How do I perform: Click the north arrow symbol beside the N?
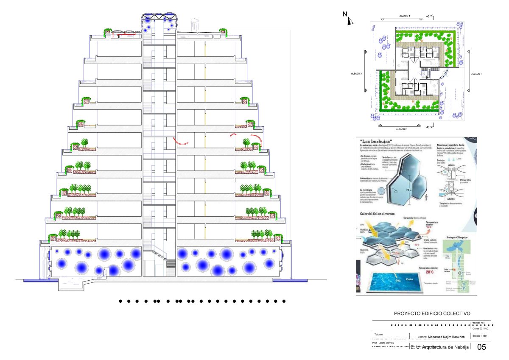[350, 21]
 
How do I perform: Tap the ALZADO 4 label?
[405, 16]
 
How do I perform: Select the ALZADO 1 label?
[476, 74]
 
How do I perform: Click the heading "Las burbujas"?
[376, 141]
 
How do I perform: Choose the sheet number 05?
[481, 347]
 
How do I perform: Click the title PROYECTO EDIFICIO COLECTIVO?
[432, 313]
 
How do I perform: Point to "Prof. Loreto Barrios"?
[385, 343]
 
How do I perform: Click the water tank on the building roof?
[196, 25]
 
